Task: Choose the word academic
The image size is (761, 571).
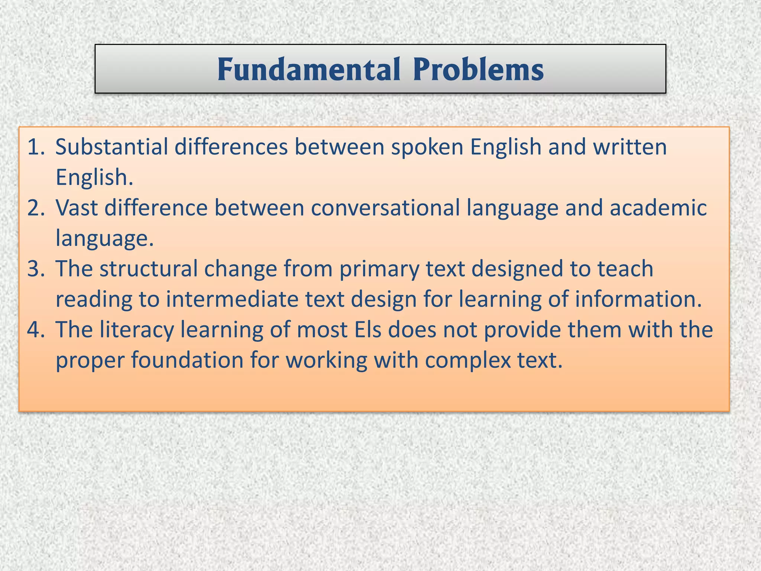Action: click(658, 208)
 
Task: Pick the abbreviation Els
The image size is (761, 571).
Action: click(368, 330)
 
